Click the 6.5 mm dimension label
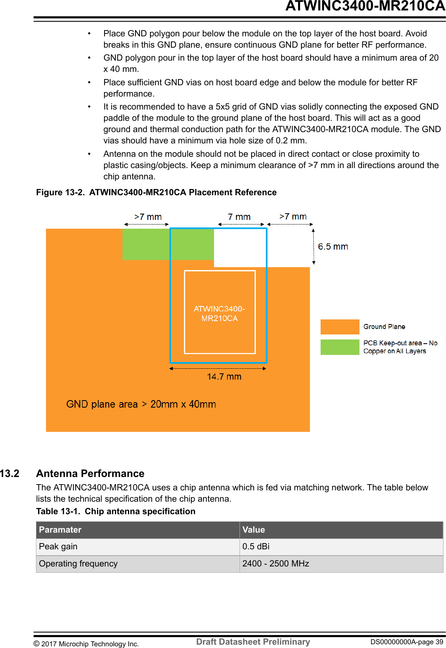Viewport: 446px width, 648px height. (x=333, y=247)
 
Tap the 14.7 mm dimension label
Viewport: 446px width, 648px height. (x=224, y=377)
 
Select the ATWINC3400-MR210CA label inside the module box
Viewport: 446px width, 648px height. (x=219, y=314)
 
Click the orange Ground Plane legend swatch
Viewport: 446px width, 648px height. (x=339, y=327)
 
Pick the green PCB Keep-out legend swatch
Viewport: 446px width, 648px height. (x=339, y=347)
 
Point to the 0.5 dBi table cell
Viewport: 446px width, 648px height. (x=256, y=547)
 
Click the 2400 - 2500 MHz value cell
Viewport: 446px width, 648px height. (x=275, y=564)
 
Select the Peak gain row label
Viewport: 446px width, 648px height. (x=58, y=547)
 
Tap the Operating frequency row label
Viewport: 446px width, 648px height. (x=78, y=564)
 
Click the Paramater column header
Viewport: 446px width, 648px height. (x=60, y=530)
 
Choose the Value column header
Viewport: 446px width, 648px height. (x=253, y=530)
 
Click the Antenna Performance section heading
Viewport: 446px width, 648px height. (x=90, y=474)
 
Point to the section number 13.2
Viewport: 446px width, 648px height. (x=10, y=474)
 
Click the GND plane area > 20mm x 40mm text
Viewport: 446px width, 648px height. (x=141, y=404)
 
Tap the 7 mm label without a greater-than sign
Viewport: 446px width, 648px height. (x=239, y=217)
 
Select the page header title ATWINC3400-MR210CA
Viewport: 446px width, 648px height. (x=365, y=6)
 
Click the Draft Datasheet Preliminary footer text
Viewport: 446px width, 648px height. (x=253, y=642)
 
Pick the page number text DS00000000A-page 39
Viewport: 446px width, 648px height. (x=406, y=642)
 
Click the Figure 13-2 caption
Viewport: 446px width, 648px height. (x=156, y=192)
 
